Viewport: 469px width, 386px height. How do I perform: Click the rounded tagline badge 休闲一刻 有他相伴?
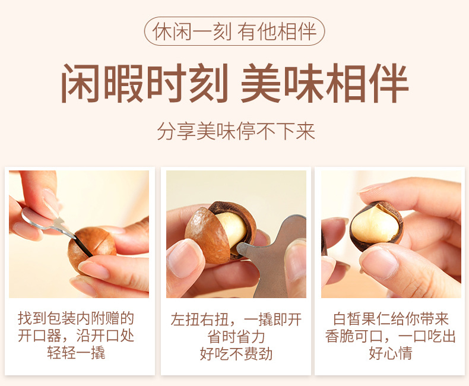235,31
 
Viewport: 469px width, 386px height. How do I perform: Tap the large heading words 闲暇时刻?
145,83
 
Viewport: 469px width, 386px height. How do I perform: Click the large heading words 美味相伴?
325,83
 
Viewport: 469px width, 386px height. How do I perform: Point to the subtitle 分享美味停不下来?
236,131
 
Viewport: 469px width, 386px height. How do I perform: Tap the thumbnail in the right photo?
378,260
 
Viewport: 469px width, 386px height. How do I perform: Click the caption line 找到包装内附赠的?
76,318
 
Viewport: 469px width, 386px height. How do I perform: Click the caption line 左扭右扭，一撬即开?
236,319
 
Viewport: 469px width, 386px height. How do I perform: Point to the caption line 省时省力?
236,337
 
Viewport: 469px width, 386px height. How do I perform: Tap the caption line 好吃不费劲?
236,354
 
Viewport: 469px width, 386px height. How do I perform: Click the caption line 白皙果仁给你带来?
391,319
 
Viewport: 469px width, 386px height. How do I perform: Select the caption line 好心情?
391,353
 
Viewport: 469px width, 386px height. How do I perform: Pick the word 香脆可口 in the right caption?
354,336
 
